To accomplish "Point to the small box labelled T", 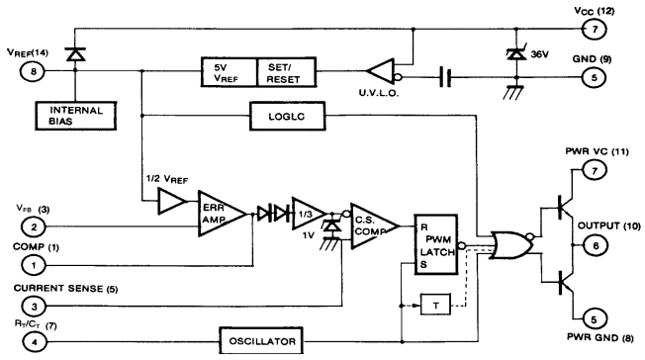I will click(436, 304).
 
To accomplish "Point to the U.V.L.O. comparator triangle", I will click(381, 71).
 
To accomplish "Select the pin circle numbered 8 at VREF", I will click(33, 71).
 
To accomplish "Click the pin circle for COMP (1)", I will click(33, 264).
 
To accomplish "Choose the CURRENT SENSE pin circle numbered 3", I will click(33, 307).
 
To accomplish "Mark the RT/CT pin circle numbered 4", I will click(33, 339).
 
